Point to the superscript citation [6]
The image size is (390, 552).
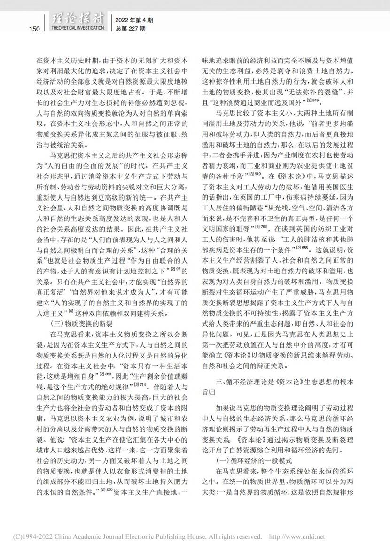click(71, 311)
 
